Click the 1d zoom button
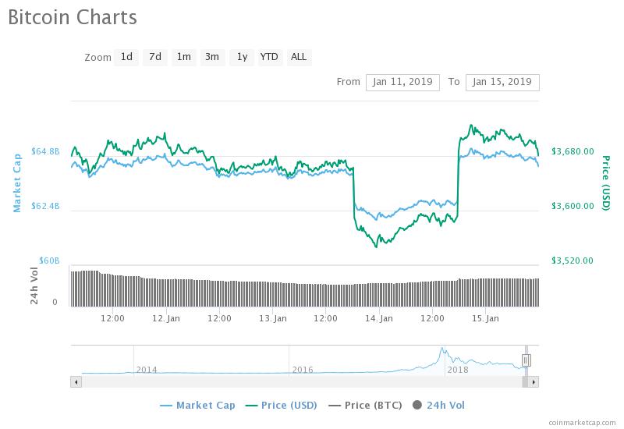(126, 57)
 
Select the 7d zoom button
(155, 57)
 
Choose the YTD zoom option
(269, 57)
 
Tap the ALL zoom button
(299, 57)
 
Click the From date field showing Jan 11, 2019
(402, 82)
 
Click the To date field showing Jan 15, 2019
(502, 82)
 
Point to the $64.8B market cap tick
(45, 151)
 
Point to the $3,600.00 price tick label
(573, 206)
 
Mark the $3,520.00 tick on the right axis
(573, 261)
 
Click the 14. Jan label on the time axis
(379, 318)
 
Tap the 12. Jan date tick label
(166, 318)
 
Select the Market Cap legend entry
(197, 405)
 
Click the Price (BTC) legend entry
(365, 405)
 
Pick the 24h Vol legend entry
(438, 405)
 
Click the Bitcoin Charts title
(73, 17)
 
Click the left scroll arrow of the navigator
(76, 382)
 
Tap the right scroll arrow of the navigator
(534, 382)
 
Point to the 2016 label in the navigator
(303, 370)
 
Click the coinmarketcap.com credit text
(582, 423)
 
